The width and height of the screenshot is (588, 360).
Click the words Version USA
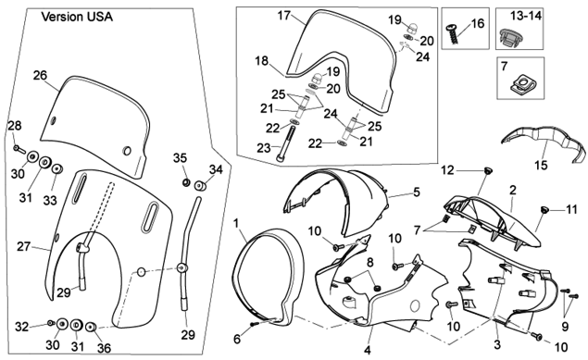pos(77,17)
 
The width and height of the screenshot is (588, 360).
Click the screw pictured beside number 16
pos(453,33)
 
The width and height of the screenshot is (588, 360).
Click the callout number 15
pos(541,165)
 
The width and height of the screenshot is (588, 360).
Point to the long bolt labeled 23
pos(286,144)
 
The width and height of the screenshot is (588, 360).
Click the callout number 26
pos(40,75)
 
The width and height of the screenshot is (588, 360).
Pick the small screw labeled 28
pos(19,149)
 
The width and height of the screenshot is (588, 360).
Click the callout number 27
pos(23,246)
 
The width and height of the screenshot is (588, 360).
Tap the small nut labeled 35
pos(185,182)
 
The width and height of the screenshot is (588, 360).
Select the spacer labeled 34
pos(200,185)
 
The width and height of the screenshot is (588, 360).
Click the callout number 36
pos(104,348)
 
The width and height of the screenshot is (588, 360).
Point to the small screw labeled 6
pos(255,325)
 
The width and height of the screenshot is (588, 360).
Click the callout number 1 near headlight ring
pos(236,223)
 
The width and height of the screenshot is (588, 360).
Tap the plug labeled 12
pos(488,171)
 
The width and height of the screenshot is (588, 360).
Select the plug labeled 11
pos(544,210)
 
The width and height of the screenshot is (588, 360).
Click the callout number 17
pos(284,16)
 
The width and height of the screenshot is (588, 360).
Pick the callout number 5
pos(417,192)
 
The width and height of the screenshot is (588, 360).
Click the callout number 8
pos(370,262)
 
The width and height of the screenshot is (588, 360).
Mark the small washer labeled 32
pos(50,323)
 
